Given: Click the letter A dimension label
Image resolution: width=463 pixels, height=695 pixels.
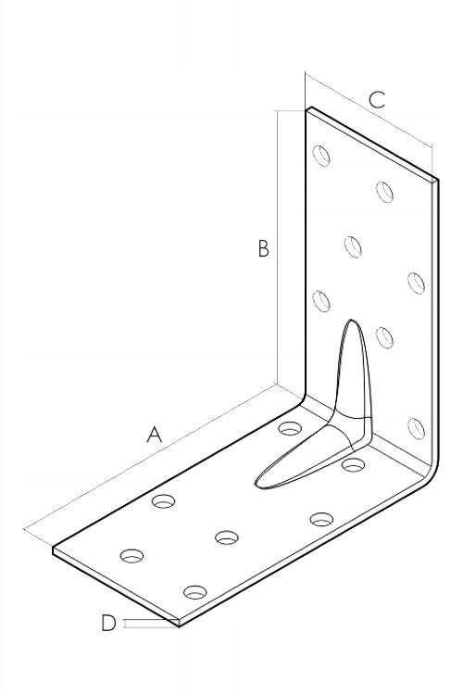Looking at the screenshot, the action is (x=155, y=435).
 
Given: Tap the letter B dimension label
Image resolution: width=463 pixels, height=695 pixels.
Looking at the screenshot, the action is (x=263, y=248).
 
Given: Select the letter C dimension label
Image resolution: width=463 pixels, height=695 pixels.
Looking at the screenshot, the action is (x=377, y=100).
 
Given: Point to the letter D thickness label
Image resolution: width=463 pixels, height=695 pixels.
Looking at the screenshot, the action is (x=108, y=623).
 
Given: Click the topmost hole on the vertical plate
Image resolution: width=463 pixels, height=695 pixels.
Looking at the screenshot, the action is (x=321, y=156).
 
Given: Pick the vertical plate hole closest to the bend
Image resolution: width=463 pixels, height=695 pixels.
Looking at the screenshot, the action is (x=416, y=429).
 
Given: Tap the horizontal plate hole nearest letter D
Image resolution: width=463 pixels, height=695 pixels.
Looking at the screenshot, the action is (x=195, y=592).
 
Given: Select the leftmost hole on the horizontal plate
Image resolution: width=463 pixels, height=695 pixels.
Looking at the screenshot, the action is (x=132, y=555).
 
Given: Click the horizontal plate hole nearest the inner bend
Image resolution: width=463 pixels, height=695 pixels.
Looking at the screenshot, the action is (x=290, y=428).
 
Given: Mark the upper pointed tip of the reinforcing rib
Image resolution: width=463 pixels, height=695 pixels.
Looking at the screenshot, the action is (x=351, y=320).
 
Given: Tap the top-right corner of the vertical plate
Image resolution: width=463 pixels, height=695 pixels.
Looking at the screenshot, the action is (x=438, y=180).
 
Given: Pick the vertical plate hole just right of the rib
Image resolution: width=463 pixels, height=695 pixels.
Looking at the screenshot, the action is (x=384, y=337).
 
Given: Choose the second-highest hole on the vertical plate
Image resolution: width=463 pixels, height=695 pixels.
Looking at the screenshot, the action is (x=384, y=192).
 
